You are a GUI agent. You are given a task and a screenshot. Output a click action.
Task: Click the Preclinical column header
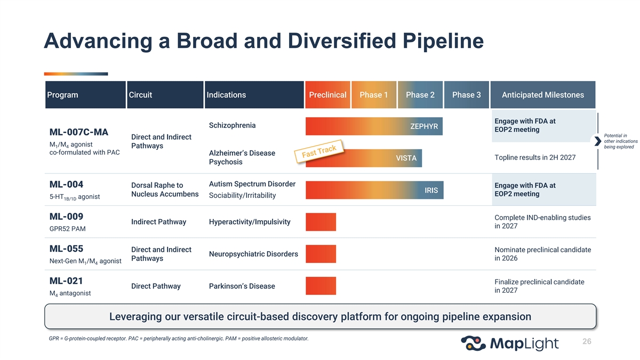pos(327,95)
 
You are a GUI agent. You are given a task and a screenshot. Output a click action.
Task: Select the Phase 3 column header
pos(466,95)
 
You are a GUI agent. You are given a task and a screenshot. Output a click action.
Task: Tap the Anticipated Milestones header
pos(543,95)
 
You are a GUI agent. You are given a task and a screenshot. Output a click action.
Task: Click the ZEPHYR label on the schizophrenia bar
pos(424,126)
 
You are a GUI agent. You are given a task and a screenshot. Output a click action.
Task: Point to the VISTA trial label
pos(406,158)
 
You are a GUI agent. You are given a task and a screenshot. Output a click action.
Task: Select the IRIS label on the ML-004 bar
pos(431,190)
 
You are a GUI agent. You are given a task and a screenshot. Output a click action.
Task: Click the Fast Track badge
pos(319,151)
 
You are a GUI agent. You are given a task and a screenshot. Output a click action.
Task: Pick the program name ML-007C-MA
pos(79,132)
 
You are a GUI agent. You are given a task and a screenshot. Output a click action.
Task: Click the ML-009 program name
pos(66,217)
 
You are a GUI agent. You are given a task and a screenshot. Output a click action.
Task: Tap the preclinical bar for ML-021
pos(321,286)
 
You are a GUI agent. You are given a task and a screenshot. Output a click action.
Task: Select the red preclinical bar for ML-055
pos(321,254)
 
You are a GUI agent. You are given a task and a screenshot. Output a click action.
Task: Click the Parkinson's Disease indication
pos(242,286)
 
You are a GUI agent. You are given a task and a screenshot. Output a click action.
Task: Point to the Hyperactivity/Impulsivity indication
pos(250,222)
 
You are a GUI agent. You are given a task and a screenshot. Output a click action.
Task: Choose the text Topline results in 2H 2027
pos(535,157)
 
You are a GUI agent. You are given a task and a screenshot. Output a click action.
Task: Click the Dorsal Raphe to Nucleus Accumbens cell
pos(165,190)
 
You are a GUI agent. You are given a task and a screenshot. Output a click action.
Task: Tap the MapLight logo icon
pos(473,343)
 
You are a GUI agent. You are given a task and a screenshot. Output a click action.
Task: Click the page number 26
pos(587,341)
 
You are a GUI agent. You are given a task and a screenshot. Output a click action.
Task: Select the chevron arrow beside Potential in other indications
pos(597,141)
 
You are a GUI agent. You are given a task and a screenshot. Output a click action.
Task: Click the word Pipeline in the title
pos(443,41)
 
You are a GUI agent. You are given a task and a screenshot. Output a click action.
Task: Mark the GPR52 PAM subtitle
pos(67,229)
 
